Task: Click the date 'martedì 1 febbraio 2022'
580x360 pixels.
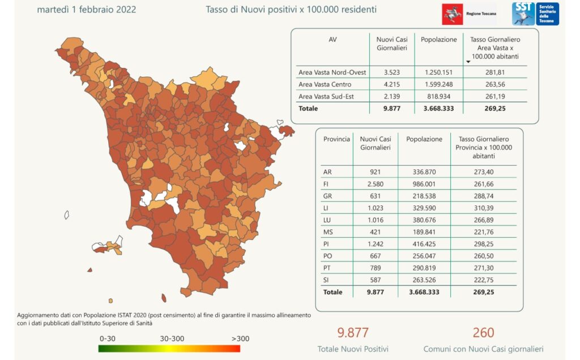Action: coord(86,10)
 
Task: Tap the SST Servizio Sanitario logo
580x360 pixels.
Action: coord(535,14)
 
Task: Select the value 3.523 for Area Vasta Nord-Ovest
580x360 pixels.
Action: coord(392,72)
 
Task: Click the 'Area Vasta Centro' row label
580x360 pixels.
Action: coord(325,84)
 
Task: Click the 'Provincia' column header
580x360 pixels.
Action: coord(336,139)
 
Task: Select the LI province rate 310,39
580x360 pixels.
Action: coord(483,207)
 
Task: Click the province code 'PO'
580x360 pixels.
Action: coord(327,255)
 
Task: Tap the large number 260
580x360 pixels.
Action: coord(483,332)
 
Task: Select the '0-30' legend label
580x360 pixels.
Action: coord(107,338)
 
